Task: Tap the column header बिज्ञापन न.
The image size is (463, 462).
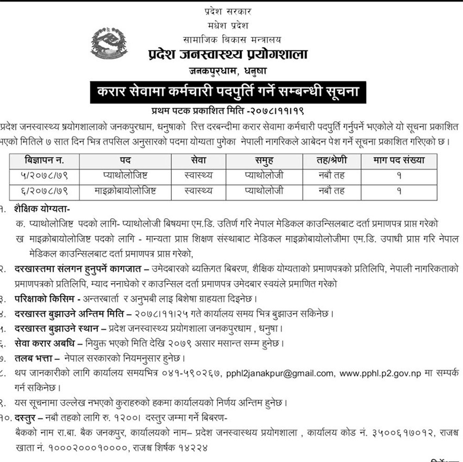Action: click(44, 161)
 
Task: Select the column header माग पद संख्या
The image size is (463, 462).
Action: click(399, 161)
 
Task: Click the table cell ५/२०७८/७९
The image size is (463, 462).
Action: click(44, 176)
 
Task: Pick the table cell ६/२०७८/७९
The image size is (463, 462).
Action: click(44, 190)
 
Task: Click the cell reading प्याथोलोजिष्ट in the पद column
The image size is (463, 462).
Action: click(125, 176)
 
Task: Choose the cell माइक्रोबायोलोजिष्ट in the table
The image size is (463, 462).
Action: click(125, 190)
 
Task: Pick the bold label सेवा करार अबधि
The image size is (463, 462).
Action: click(48, 343)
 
